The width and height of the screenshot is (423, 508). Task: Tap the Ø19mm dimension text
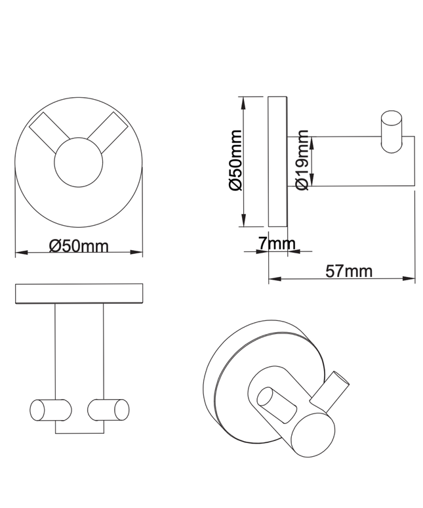coord(302,161)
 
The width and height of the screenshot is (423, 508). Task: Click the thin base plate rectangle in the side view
coord(277,162)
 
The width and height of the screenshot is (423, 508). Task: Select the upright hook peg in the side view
coord(393,133)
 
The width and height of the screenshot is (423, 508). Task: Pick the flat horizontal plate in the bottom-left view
coord(79,294)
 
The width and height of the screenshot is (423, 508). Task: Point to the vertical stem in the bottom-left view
coord(79,354)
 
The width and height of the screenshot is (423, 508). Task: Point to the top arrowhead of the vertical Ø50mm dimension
coord(244,101)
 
